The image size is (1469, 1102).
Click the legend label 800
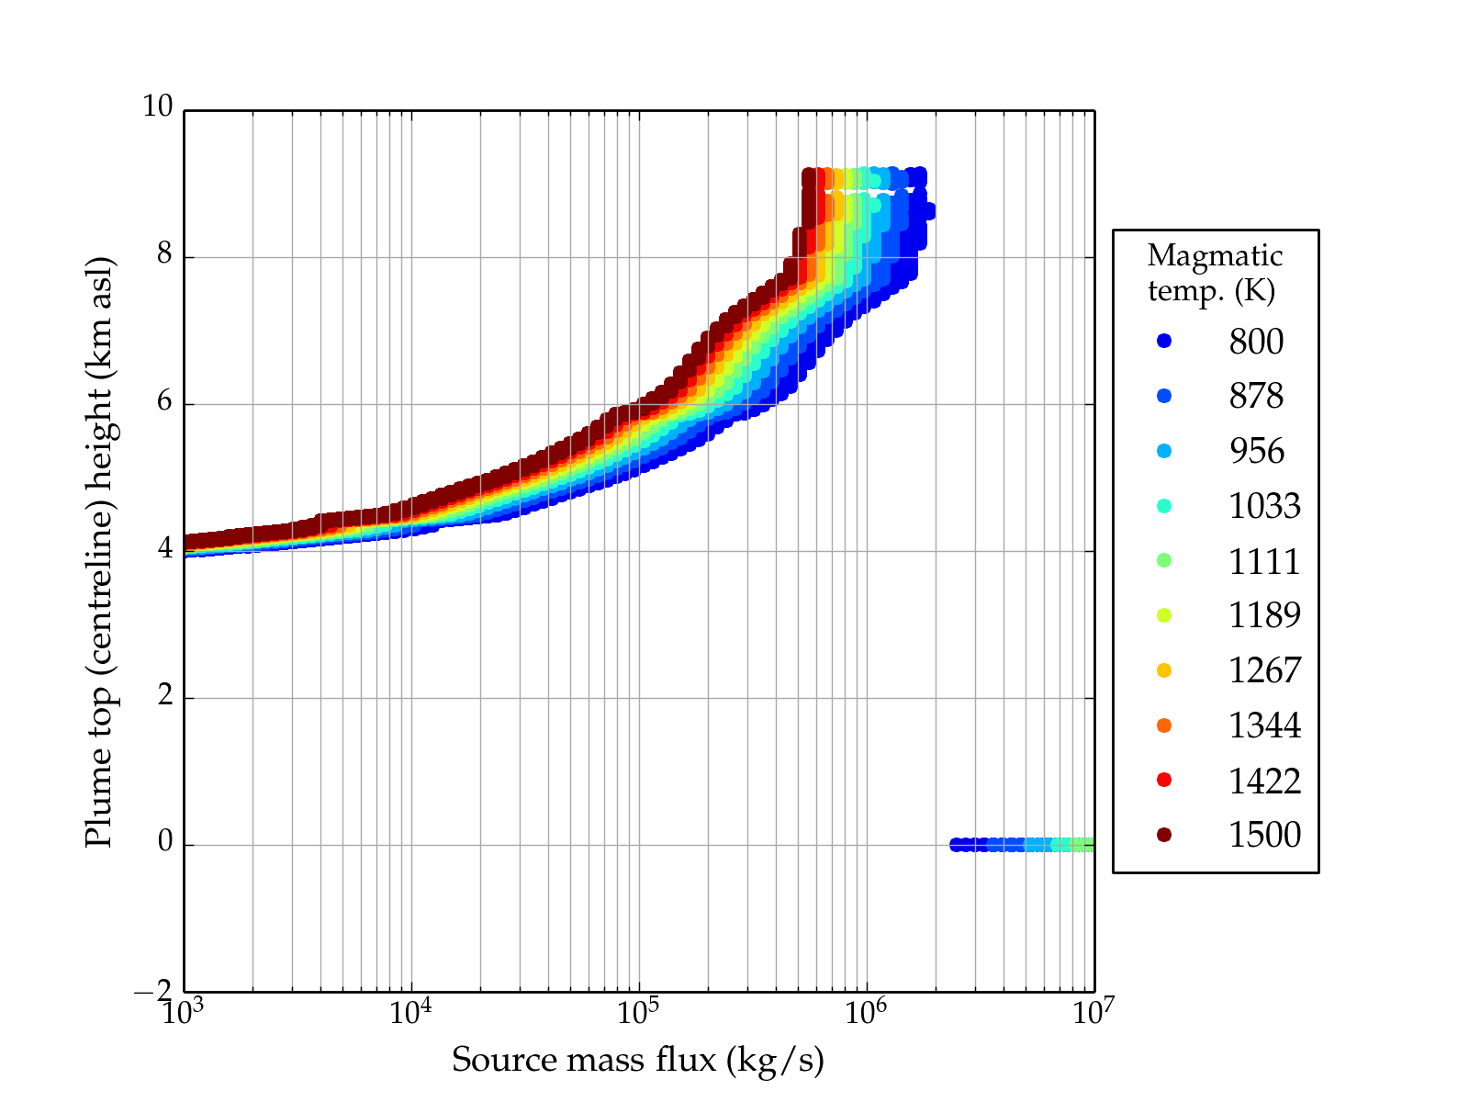1256,342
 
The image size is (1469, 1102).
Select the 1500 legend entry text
1264,835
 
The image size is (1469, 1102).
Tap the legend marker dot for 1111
1164,560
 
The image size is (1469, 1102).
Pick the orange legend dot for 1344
1164,725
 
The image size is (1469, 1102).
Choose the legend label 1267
1264,670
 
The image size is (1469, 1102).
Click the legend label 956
1256,451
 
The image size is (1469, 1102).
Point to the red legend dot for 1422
1164,780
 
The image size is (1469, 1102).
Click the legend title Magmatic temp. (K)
1215,273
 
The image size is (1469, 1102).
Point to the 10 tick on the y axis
157,107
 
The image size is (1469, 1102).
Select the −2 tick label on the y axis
152,991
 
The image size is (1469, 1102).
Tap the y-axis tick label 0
164,842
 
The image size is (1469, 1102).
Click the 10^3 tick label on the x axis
183,1011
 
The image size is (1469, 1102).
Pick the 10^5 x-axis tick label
638,1011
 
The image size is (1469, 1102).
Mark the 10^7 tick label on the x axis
1093,1011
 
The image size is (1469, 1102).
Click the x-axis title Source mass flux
638,1061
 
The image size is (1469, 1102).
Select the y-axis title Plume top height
99,551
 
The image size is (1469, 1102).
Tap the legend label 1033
1264,506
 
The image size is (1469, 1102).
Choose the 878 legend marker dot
1164,396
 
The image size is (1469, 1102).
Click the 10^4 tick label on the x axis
410,1011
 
